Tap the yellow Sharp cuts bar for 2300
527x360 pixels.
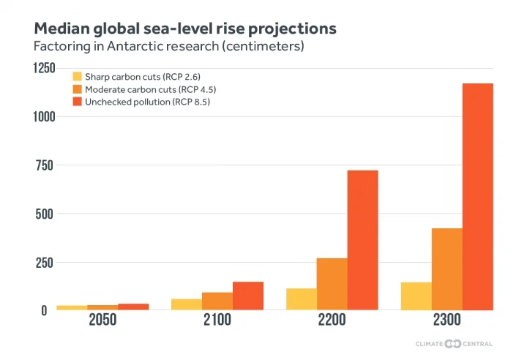(416, 296)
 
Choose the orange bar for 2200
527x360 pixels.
(332, 284)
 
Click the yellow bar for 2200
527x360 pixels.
(301, 299)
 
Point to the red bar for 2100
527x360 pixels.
(247, 296)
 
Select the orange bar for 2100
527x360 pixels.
(217, 301)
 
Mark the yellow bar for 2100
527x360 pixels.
(186, 304)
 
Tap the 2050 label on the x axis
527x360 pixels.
(102, 320)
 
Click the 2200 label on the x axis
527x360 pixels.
(332, 320)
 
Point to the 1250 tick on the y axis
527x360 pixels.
(43, 68)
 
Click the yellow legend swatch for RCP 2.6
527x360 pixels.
(76, 76)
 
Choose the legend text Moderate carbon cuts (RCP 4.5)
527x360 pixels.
(150, 89)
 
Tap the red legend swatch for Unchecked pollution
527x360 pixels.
(76, 102)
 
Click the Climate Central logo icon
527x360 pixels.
(453, 344)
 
